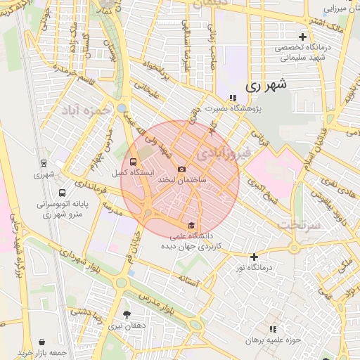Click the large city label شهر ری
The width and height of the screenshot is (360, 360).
[267, 86]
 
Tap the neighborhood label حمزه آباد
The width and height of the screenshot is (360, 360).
[86, 110]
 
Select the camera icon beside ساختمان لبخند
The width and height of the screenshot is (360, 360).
[181, 169]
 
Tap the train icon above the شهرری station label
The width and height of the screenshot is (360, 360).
[44, 162]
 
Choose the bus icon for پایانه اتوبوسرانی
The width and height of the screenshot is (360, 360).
[63, 193]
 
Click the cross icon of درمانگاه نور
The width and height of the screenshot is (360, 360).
[254, 257]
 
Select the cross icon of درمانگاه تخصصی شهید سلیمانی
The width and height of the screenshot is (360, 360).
[302, 36]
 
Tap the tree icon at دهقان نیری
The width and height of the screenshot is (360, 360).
[127, 314]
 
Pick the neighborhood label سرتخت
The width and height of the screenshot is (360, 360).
[299, 224]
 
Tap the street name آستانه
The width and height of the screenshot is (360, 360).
[189, 280]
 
